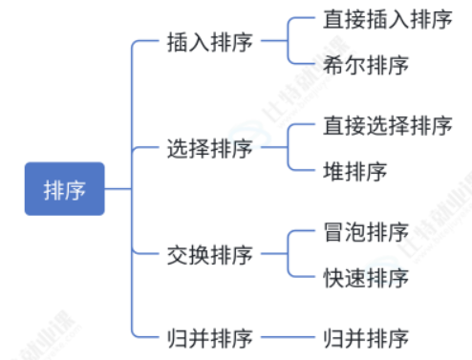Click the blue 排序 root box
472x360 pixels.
point(65,189)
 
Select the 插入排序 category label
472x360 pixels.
point(210,42)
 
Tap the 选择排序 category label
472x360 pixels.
point(210,148)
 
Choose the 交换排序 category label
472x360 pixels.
point(210,255)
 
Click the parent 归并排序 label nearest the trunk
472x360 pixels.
point(210,338)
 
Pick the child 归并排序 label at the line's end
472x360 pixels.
point(366,338)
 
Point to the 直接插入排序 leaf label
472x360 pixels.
point(388,19)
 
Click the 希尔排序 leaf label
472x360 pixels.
point(366,65)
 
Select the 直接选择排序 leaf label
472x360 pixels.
point(388,125)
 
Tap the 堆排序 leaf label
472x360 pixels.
point(355,171)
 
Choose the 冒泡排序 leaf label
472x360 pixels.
point(366,232)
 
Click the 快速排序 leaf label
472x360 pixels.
point(366,278)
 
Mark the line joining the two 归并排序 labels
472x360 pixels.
point(288,337)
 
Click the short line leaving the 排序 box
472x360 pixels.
point(118,189)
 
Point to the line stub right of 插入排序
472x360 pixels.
point(274,41)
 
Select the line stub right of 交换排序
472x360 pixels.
point(274,254)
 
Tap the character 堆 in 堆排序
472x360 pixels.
point(333,171)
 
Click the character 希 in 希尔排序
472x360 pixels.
point(333,65)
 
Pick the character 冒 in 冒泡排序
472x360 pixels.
point(333,232)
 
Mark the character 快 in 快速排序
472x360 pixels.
point(333,278)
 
